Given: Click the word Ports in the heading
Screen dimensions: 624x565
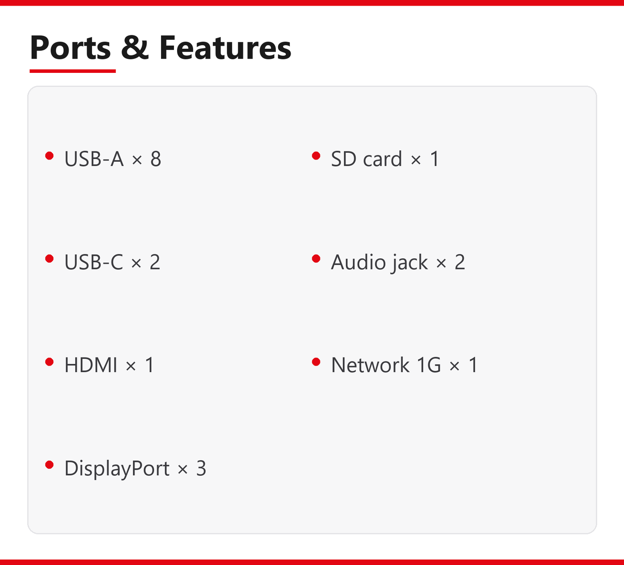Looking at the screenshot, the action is click(x=70, y=47).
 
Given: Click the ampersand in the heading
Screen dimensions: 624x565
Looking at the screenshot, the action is click(x=135, y=47).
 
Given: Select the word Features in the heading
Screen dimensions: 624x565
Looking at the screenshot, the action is click(x=225, y=47).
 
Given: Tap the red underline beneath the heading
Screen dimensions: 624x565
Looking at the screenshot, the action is click(x=73, y=71).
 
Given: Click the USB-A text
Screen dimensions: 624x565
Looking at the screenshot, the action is click(x=94, y=159).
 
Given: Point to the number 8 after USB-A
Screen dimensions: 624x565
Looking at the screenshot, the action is click(x=156, y=159).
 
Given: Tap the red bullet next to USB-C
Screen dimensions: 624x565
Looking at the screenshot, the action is click(x=50, y=259).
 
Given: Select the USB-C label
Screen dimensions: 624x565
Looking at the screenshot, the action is click(x=94, y=262).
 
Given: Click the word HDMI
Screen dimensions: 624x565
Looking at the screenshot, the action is click(x=91, y=365).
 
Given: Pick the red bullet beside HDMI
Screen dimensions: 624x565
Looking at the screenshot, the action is click(x=50, y=362).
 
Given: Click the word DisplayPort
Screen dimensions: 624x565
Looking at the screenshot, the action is click(x=117, y=468).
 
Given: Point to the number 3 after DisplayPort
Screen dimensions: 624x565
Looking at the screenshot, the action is click(x=201, y=468).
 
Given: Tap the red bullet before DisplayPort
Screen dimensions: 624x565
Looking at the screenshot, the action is click(x=50, y=465).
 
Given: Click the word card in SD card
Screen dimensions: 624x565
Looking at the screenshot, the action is click(x=383, y=159).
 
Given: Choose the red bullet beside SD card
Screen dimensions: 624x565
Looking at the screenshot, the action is click(x=316, y=156).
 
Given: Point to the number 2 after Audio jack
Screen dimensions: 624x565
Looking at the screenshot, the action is click(x=460, y=262).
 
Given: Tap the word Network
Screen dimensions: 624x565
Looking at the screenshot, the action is click(x=370, y=365).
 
